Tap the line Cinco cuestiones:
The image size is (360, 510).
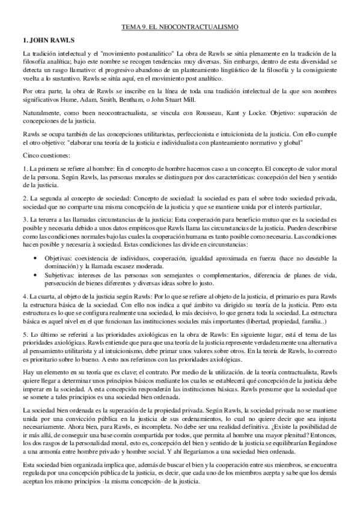(38, 155)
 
